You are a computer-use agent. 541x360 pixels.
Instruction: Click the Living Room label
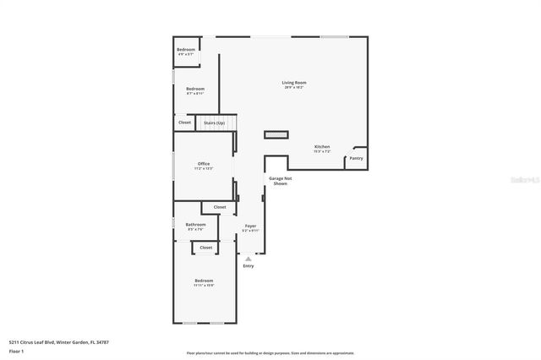294,82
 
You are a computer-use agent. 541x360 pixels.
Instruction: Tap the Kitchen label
322,146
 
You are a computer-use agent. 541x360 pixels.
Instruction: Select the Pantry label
356,158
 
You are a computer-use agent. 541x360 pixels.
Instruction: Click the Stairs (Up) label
215,123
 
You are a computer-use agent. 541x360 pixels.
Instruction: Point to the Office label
204,163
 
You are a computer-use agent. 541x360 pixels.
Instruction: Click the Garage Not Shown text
280,181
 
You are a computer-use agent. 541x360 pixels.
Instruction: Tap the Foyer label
250,226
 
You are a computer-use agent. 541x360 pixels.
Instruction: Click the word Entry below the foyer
249,266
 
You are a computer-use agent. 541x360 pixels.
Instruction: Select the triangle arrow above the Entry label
249,259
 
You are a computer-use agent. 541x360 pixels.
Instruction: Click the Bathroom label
196,224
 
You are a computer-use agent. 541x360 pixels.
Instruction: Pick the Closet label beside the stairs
185,123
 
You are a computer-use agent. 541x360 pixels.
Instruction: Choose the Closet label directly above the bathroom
220,207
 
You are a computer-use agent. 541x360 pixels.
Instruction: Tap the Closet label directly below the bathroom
205,248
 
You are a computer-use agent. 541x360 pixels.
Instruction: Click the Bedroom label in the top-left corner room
186,50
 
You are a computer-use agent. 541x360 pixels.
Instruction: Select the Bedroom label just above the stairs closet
195,89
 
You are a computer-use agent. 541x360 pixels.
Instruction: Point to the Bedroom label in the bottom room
204,281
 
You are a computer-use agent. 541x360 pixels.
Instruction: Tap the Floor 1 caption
15,350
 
